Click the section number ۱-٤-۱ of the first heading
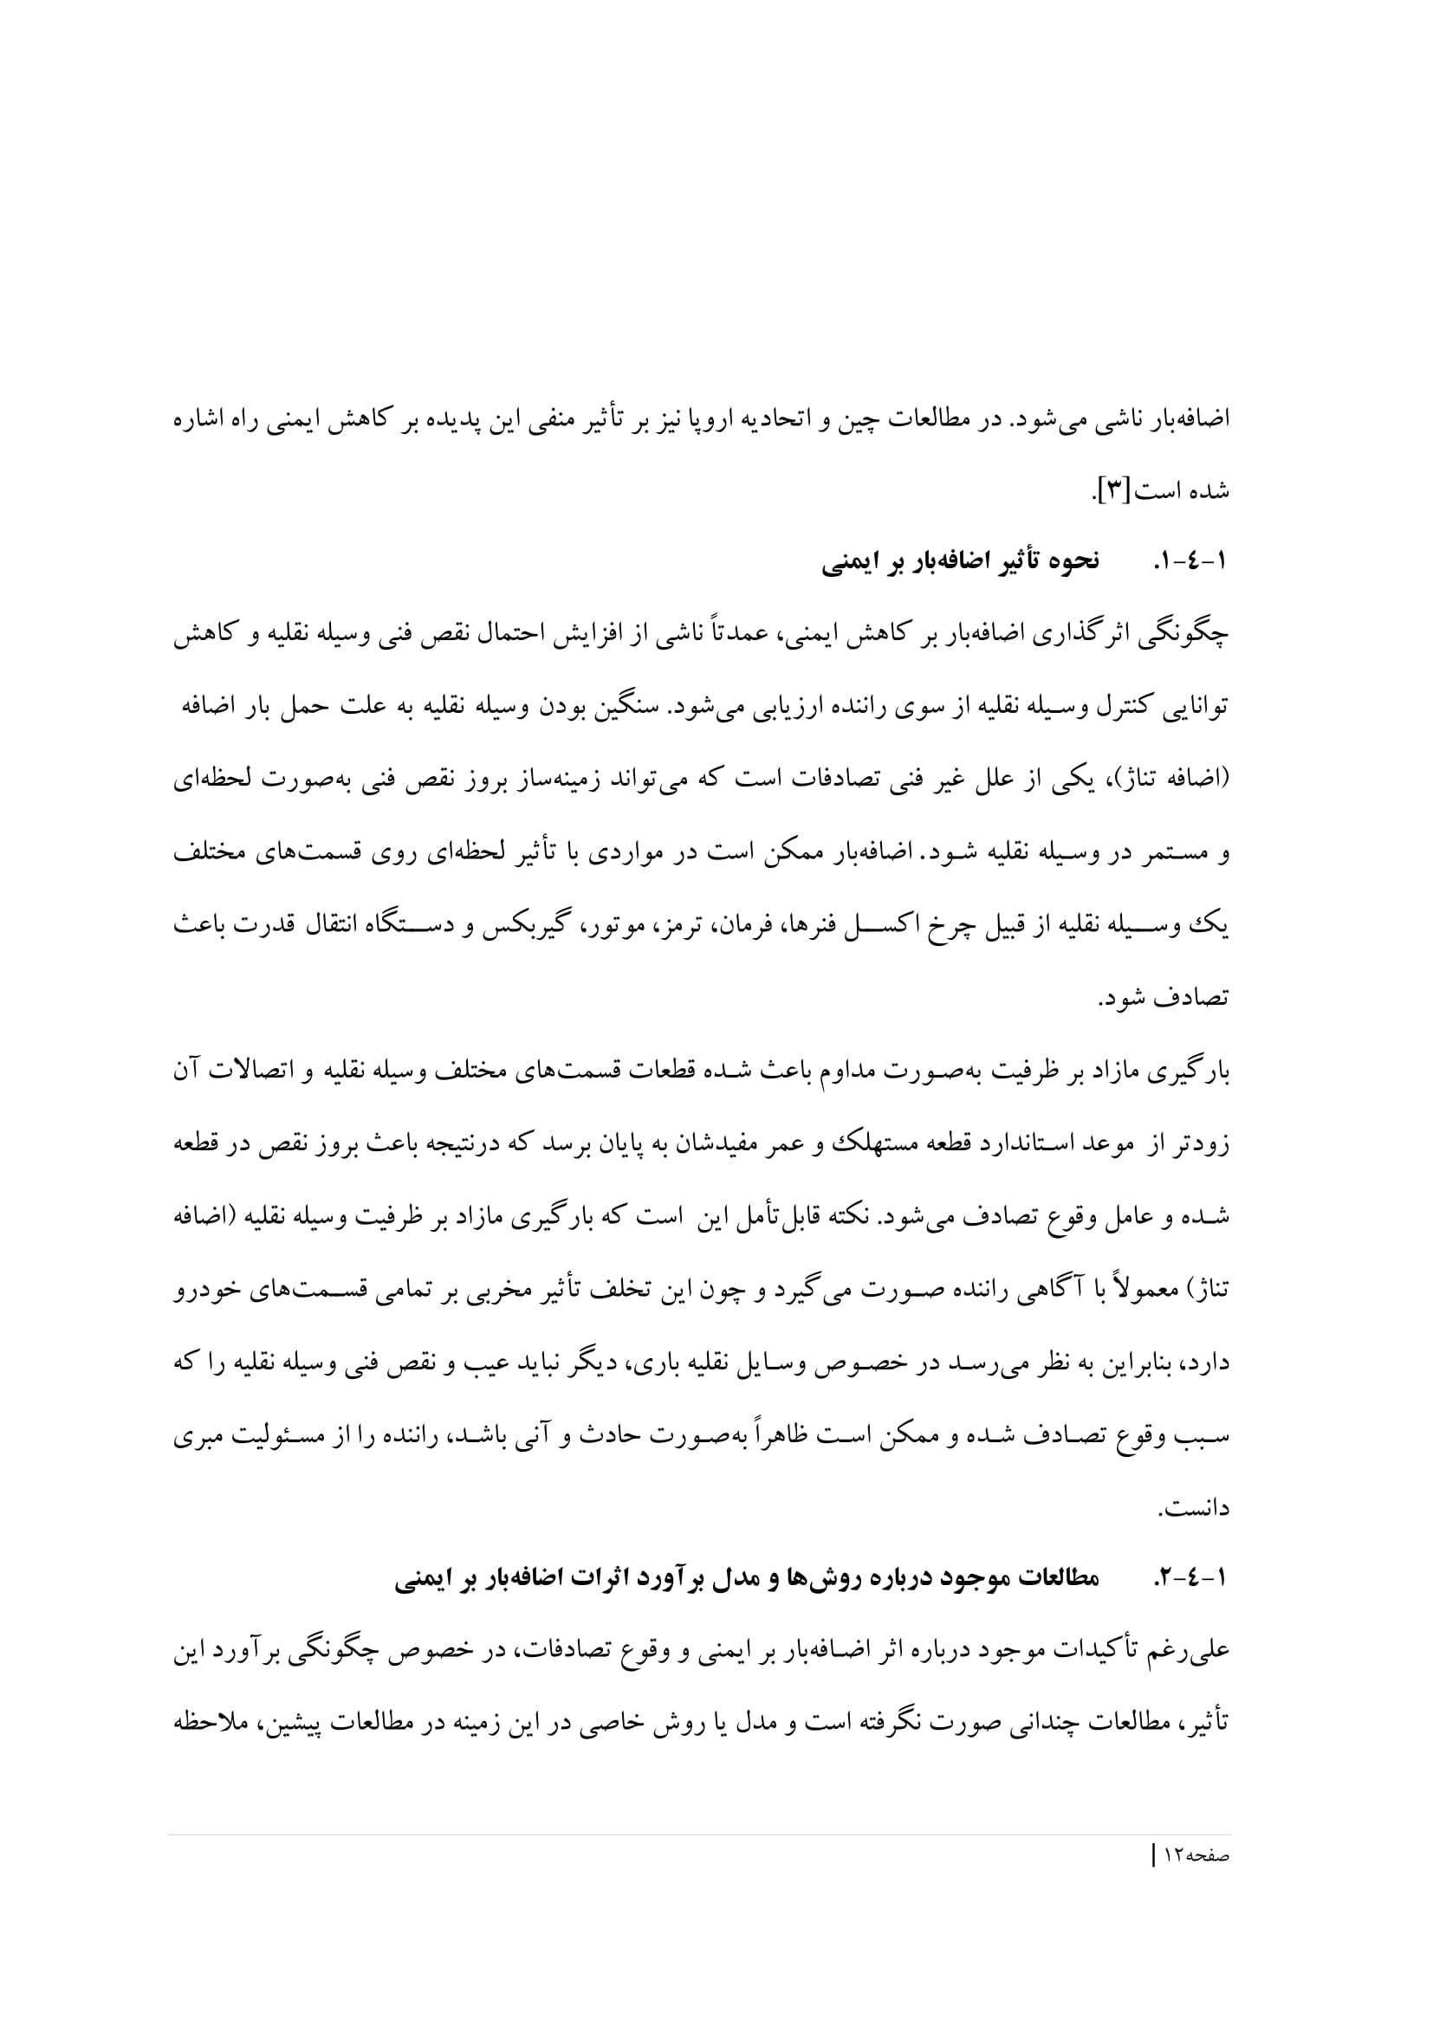pos(1190,562)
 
